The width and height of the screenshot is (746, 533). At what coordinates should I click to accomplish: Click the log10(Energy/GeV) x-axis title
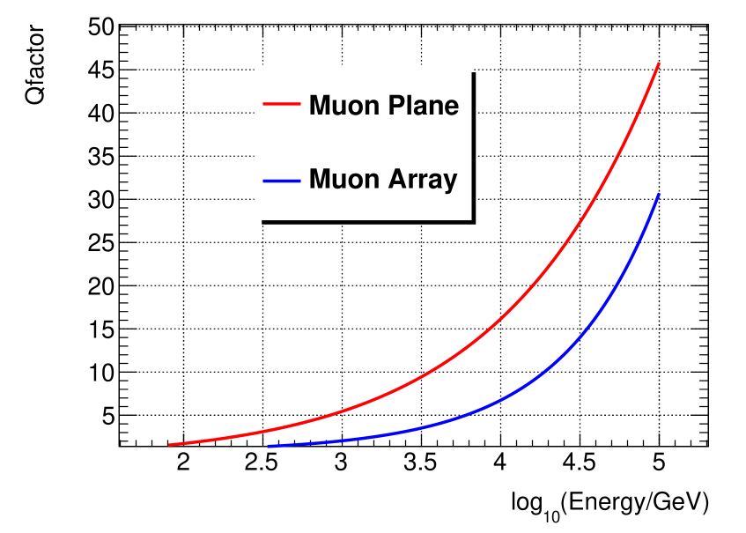click(x=609, y=503)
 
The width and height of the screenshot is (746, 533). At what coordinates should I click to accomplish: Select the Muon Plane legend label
click(x=383, y=106)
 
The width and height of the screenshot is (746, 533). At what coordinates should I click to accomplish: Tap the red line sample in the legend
click(x=283, y=106)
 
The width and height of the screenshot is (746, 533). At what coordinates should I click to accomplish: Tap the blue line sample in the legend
click(x=283, y=181)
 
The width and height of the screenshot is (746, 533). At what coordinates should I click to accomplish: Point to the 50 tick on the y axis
click(x=101, y=26)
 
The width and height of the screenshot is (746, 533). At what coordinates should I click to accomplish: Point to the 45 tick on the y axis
click(x=101, y=70)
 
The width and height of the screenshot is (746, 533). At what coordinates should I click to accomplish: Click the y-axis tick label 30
click(x=101, y=200)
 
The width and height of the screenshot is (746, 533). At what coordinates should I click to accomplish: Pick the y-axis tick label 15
click(x=101, y=329)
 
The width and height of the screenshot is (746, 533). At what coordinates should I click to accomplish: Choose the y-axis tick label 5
click(x=107, y=416)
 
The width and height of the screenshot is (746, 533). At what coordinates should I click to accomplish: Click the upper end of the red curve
click(x=659, y=63)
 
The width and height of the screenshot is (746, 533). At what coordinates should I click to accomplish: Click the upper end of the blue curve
click(x=659, y=194)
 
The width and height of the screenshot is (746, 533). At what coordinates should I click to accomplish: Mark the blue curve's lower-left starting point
click(x=268, y=446)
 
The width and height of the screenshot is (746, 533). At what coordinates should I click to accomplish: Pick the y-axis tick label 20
click(x=101, y=286)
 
